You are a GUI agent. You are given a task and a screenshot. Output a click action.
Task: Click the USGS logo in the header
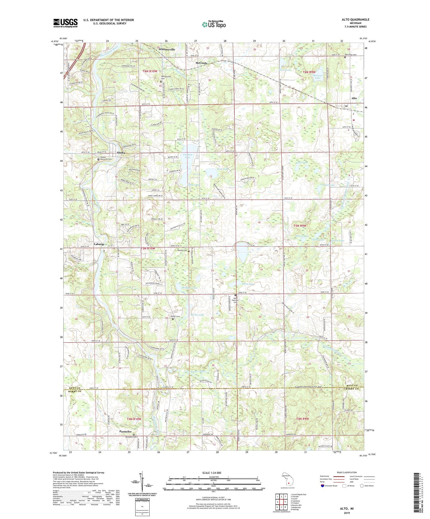pyautogui.click(x=65, y=23)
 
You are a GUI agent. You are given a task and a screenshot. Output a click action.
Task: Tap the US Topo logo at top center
pyautogui.click(x=214, y=25)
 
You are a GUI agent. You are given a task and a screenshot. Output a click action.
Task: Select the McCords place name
pyautogui.click(x=201, y=63)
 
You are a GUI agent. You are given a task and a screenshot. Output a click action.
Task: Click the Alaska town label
pyautogui.click(x=120, y=153)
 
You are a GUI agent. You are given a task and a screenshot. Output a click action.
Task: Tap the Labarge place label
pyautogui.click(x=99, y=244)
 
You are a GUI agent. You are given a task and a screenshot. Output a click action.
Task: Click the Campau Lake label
pyautogui.click(x=187, y=156)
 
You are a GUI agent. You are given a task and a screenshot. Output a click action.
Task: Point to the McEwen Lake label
pyautogui.click(x=317, y=77)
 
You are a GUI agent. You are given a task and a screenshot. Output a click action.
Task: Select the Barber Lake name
pyautogui.click(x=198, y=315)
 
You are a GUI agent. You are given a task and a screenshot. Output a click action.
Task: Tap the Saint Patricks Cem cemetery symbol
pyautogui.click(x=235, y=295)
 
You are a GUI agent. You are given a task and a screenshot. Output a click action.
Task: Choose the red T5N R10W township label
pyautogui.click(x=148, y=248)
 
